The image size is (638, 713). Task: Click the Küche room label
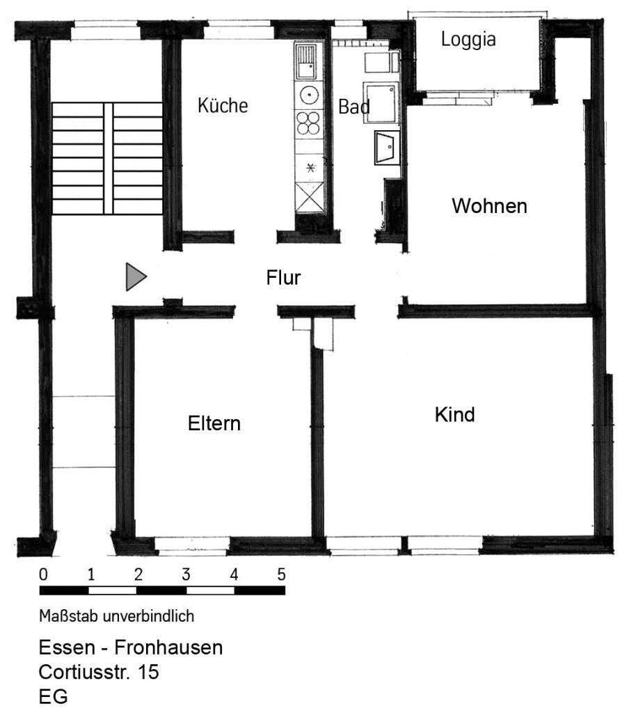223,106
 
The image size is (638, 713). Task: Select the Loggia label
468,40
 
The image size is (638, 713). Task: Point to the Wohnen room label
489,206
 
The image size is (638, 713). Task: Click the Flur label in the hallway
283,278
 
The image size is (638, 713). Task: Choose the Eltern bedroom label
214,423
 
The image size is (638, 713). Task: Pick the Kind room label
454,414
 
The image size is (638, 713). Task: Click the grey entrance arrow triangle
135,277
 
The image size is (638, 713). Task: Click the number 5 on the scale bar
281,575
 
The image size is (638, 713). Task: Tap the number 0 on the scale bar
43,575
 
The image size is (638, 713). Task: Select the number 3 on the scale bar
186,575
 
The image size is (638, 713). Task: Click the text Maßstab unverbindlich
116,616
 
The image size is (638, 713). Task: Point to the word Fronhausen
168,648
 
